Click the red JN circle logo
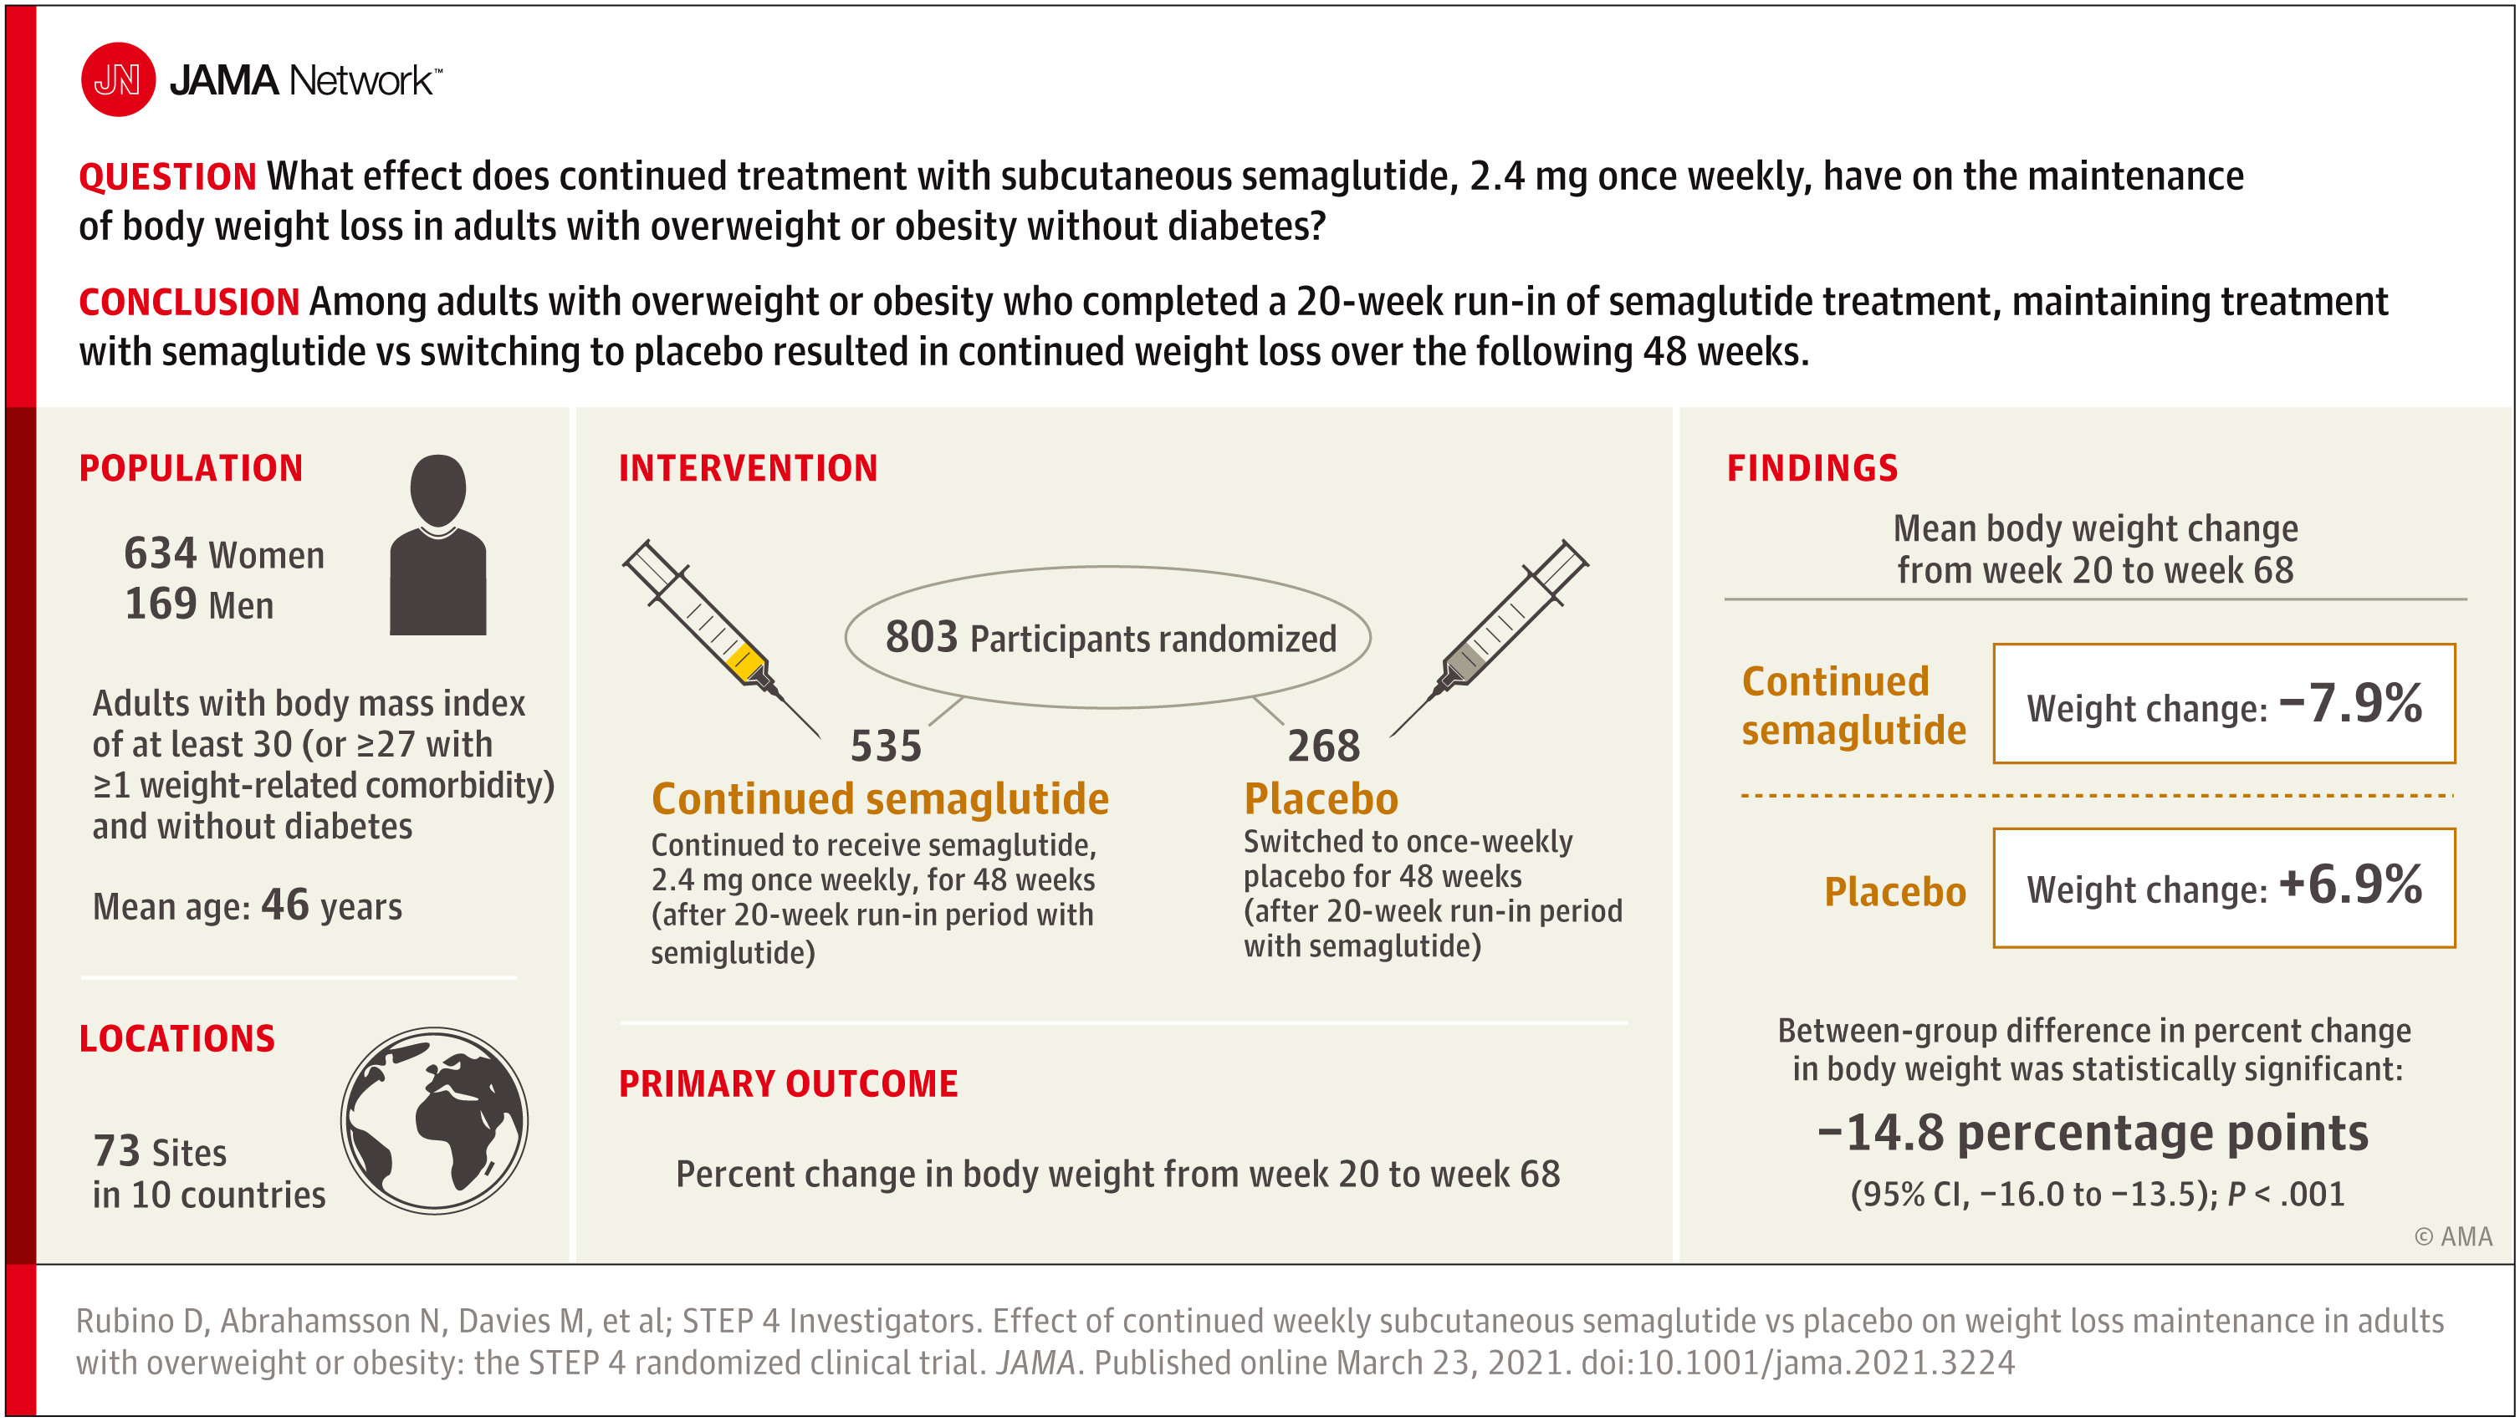click(x=117, y=79)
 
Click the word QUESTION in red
click(x=167, y=177)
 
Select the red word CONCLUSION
click(x=189, y=302)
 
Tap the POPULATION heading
click(x=191, y=468)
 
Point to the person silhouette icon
click(x=438, y=545)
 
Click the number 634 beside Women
click(x=161, y=553)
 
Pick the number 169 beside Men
click(x=161, y=604)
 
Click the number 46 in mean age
click(x=284, y=905)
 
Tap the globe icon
click(x=434, y=1121)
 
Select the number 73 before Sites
click(x=116, y=1151)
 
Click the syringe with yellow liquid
click(x=722, y=638)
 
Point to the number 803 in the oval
click(x=922, y=637)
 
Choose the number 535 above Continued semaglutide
click(x=887, y=747)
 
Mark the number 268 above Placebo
click(x=1324, y=747)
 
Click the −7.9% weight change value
click(x=2351, y=703)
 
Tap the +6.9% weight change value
click(x=2351, y=885)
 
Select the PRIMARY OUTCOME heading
click(x=789, y=1084)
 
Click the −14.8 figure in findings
click(x=1880, y=1133)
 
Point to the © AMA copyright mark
click(x=2453, y=1237)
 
